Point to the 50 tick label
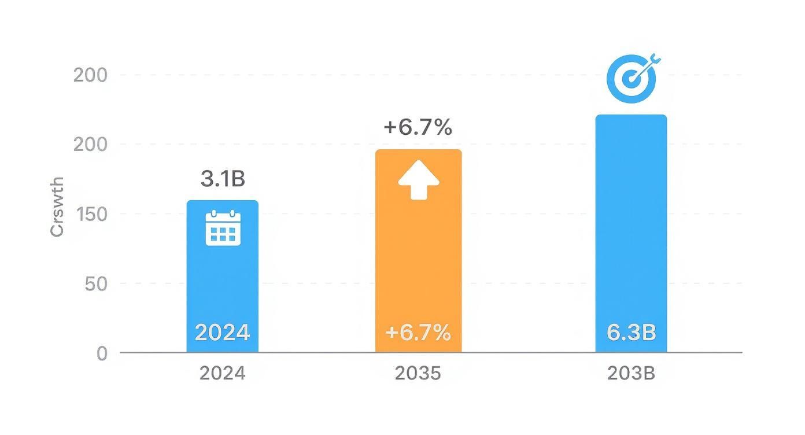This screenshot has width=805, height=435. tap(96, 284)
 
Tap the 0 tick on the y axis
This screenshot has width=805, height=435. tap(102, 353)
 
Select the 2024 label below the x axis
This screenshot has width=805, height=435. tap(223, 374)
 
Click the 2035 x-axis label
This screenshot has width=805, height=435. tap(418, 374)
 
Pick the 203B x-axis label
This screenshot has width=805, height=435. tap(632, 374)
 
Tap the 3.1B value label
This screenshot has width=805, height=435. tap(223, 179)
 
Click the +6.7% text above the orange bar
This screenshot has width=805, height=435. tap(418, 127)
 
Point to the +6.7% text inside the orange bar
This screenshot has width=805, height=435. tap(418, 333)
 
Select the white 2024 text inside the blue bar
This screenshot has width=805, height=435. tap(223, 333)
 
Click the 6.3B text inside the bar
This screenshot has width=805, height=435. tap(632, 333)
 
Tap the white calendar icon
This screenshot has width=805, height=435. tap(223, 228)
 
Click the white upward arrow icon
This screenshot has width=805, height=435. tap(419, 180)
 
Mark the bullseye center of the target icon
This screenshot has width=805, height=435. tap(630, 80)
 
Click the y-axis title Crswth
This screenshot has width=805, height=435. tap(57, 208)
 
